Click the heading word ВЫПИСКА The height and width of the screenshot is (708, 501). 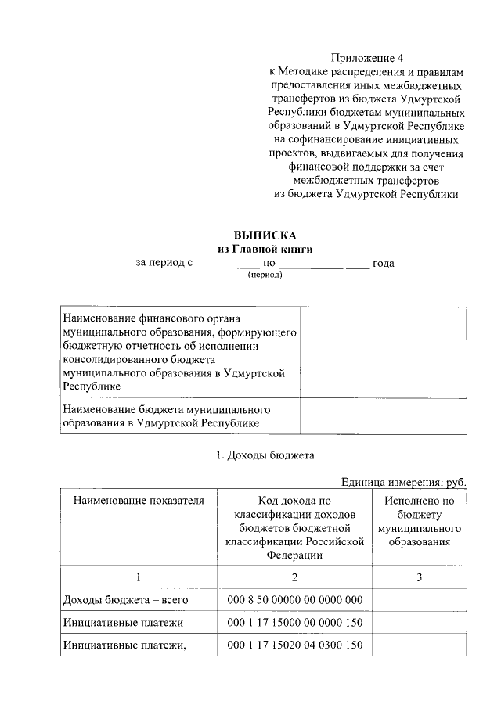click(x=265, y=235)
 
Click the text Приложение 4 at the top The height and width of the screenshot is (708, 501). click(x=364, y=58)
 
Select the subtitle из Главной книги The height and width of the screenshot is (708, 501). click(x=265, y=249)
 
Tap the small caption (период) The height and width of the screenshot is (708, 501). click(x=265, y=276)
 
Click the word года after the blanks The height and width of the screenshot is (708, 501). click(x=384, y=264)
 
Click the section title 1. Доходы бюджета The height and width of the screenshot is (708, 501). click(x=265, y=455)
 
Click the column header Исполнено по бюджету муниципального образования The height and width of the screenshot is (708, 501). click(x=419, y=521)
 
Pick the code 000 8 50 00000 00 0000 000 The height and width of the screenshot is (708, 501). click(x=294, y=600)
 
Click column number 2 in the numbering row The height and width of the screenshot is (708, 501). click(x=294, y=577)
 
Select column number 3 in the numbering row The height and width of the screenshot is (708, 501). click(x=419, y=577)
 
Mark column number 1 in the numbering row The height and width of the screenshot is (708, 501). click(x=139, y=577)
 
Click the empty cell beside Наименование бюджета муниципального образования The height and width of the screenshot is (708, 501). click(x=384, y=416)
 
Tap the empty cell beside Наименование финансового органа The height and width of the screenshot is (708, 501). click(x=384, y=353)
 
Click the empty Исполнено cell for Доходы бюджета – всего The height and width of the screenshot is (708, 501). click(x=419, y=600)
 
